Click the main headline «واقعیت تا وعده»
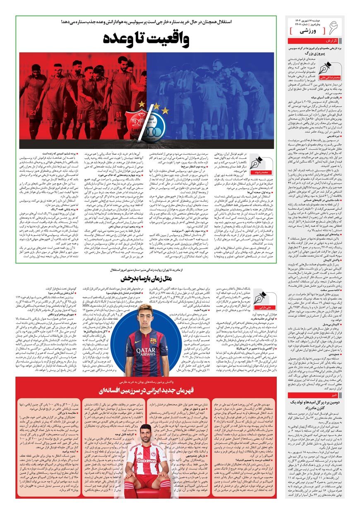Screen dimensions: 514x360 coord(146,38)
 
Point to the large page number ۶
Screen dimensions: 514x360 coord(332,28)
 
